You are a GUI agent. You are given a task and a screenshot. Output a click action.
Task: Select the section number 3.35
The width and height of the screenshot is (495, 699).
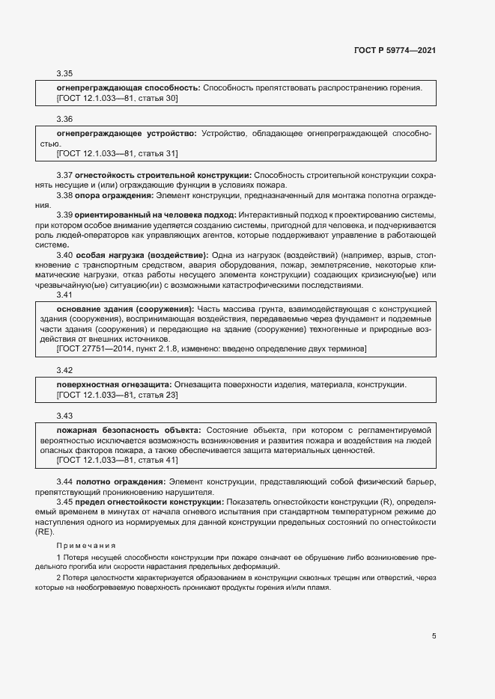(64, 73)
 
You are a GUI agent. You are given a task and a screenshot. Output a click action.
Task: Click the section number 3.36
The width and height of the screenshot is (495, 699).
(64, 119)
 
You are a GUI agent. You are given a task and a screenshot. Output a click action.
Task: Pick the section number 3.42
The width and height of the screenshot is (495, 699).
(64, 371)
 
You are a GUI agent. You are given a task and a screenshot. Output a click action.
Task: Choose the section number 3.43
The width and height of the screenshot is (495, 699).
(64, 416)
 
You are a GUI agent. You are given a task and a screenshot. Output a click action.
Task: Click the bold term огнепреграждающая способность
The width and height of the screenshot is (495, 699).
(127, 87)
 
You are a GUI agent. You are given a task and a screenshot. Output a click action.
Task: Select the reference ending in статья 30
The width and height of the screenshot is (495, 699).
(117, 98)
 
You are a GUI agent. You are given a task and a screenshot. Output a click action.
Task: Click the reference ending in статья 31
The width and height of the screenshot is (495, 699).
(117, 154)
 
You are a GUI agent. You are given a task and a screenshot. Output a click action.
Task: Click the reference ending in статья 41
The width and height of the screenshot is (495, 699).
(117, 461)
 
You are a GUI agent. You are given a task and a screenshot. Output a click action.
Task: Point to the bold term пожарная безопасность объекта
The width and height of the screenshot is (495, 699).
(128, 430)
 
